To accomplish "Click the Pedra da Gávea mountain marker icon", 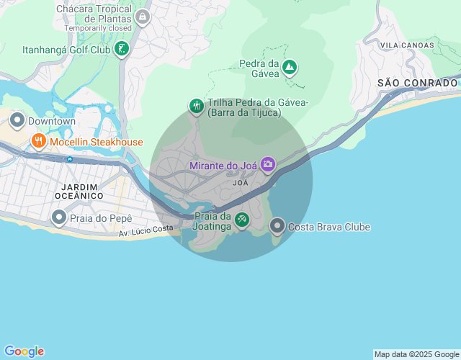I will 290,68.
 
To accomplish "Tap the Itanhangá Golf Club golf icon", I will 122,49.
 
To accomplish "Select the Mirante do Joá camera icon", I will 268,165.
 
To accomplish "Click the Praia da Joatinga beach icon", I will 242,220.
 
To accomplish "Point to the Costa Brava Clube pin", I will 277,226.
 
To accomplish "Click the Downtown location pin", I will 16,120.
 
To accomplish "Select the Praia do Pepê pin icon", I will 59,216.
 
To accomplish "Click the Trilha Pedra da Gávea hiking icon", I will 196,107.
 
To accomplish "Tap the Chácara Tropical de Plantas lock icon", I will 143,16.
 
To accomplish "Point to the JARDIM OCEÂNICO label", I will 78,190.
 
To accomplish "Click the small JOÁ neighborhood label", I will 241,183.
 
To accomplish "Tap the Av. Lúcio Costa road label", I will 146,229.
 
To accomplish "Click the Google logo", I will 23,351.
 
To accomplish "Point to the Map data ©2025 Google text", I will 416,354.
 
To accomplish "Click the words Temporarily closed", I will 98,28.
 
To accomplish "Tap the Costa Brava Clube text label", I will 329,227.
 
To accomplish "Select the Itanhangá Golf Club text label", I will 66,50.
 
